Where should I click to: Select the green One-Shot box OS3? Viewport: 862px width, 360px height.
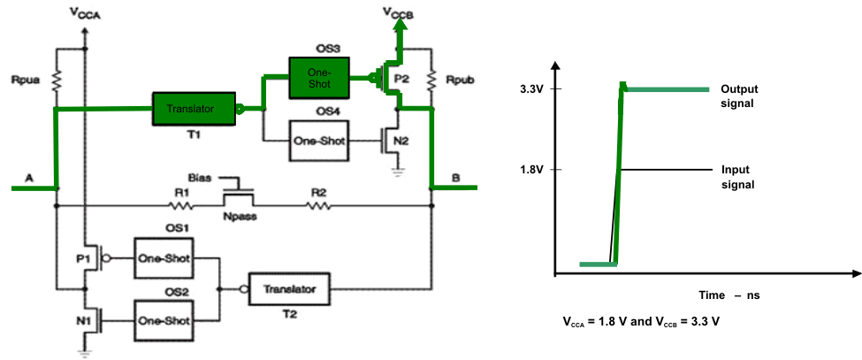click(x=319, y=75)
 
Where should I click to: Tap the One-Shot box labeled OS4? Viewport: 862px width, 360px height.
click(x=319, y=141)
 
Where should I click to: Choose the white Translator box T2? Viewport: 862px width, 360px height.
click(x=292, y=288)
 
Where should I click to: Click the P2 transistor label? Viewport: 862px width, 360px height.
click(x=402, y=79)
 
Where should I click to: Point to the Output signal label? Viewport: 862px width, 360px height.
click(x=739, y=96)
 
